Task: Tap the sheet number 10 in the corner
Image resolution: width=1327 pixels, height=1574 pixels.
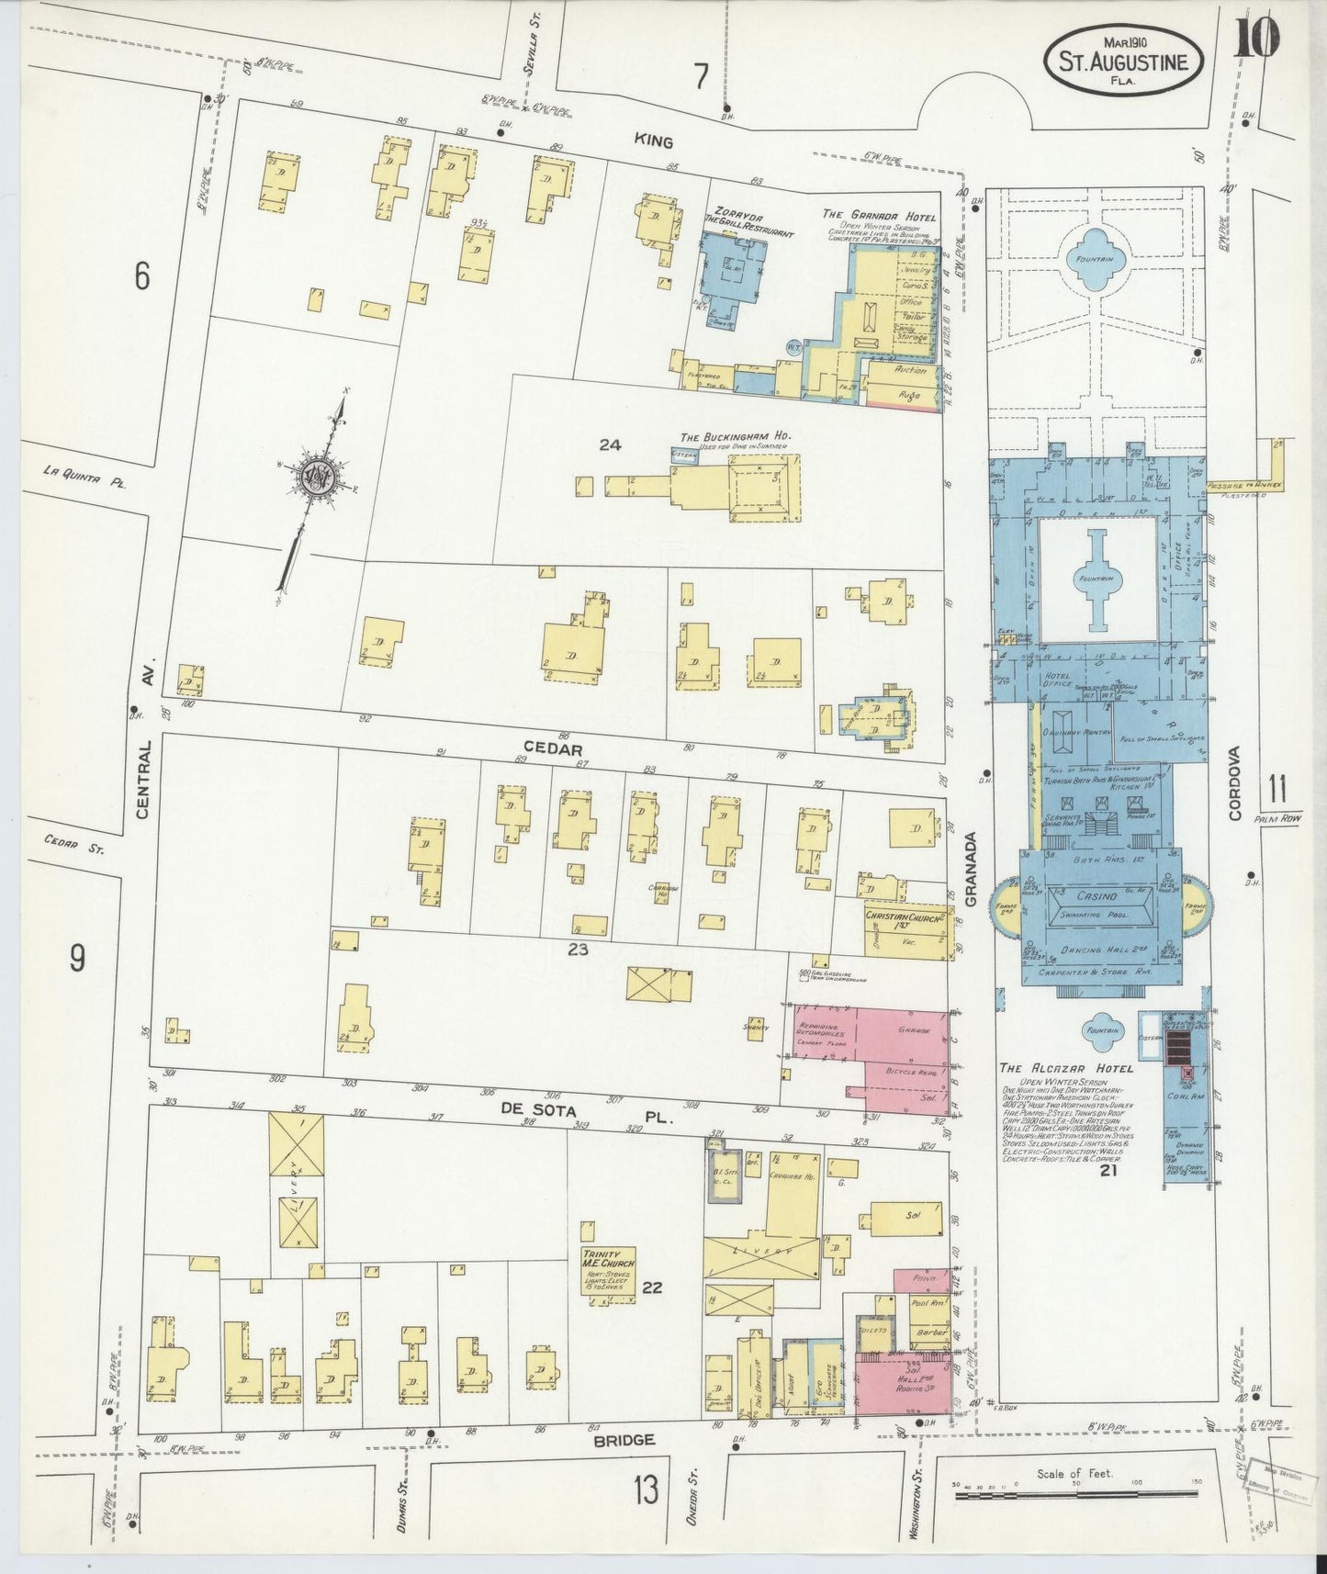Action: (x=1259, y=39)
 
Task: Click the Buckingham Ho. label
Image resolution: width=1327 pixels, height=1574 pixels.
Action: (x=736, y=436)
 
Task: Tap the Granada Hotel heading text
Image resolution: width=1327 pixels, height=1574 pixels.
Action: (x=879, y=216)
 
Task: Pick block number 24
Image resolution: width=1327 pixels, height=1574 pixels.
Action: (x=610, y=444)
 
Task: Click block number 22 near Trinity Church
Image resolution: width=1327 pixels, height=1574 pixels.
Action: (x=652, y=1288)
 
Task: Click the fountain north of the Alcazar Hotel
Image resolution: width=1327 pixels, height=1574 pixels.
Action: (x=1096, y=259)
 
